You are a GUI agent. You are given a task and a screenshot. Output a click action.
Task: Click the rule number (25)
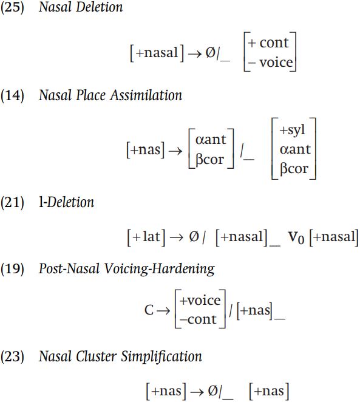12,7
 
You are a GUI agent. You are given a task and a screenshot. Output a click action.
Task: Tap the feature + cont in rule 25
268,43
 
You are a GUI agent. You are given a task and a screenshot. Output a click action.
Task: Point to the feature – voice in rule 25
270,63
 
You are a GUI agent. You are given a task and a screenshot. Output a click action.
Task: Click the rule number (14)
12,95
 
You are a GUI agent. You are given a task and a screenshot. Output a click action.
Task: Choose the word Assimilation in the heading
146,95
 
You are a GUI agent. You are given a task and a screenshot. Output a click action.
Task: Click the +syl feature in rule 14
293,130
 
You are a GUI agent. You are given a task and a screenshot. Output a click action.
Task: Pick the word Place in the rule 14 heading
90,95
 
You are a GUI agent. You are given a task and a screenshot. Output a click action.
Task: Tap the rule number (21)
12,202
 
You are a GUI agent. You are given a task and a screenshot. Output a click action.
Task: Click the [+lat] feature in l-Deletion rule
146,237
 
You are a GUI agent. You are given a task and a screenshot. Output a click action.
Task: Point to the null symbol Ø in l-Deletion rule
194,236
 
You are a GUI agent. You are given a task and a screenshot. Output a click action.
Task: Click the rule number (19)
12,269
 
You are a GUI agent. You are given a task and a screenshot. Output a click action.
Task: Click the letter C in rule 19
149,310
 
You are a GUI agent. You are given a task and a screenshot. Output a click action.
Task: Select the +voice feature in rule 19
200,300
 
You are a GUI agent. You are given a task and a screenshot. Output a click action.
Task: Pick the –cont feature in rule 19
198,319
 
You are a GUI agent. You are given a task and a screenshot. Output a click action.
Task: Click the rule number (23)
12,356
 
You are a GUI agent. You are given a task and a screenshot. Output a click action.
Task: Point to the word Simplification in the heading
161,357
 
